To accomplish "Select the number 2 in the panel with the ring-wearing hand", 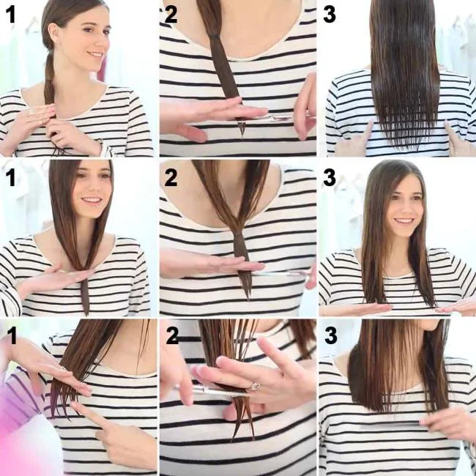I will tap(172, 336).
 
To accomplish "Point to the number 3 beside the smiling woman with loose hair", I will tap(330, 177).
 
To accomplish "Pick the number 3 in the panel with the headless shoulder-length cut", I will tap(330, 335).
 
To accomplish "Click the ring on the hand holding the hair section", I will tap(255, 385).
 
